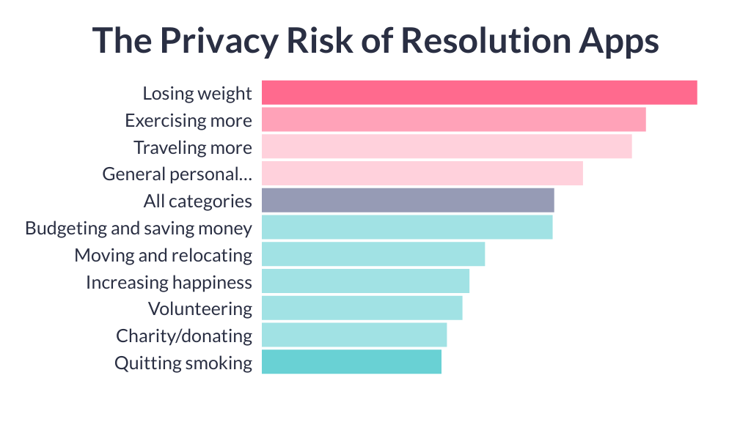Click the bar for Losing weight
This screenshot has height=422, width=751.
479,93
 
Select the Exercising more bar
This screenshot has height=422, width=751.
453,120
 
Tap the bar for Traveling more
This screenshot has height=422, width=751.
446,147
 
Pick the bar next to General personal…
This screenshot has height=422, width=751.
422,174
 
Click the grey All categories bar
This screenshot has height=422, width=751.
408,201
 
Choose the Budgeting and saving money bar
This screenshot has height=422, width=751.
406,228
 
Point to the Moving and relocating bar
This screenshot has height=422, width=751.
373,254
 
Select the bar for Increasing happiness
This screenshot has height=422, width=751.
365,281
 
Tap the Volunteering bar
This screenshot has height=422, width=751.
362,308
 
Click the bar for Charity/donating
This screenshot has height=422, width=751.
353,336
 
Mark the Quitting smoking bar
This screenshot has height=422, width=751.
351,362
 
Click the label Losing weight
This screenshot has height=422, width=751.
197,94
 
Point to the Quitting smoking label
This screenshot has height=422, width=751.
183,363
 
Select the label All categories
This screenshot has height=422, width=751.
198,201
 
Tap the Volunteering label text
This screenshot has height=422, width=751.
200,309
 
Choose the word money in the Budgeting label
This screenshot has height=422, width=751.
227,229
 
